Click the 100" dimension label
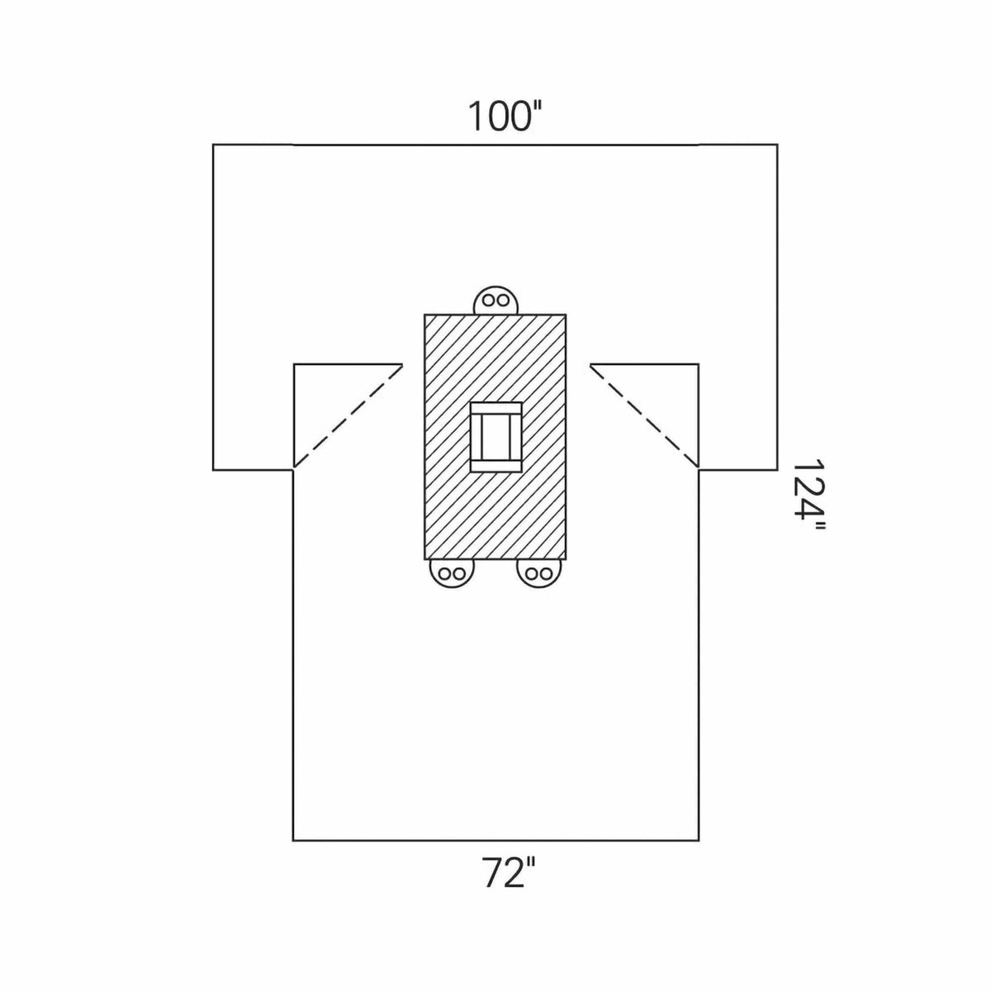pos(505,116)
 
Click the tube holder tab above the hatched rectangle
pos(495,301)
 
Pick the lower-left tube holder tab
pos(452,572)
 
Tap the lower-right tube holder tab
pos(539,572)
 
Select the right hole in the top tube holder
pos(504,300)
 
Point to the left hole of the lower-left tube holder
pos(444,573)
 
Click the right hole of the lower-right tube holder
pos(547,573)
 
